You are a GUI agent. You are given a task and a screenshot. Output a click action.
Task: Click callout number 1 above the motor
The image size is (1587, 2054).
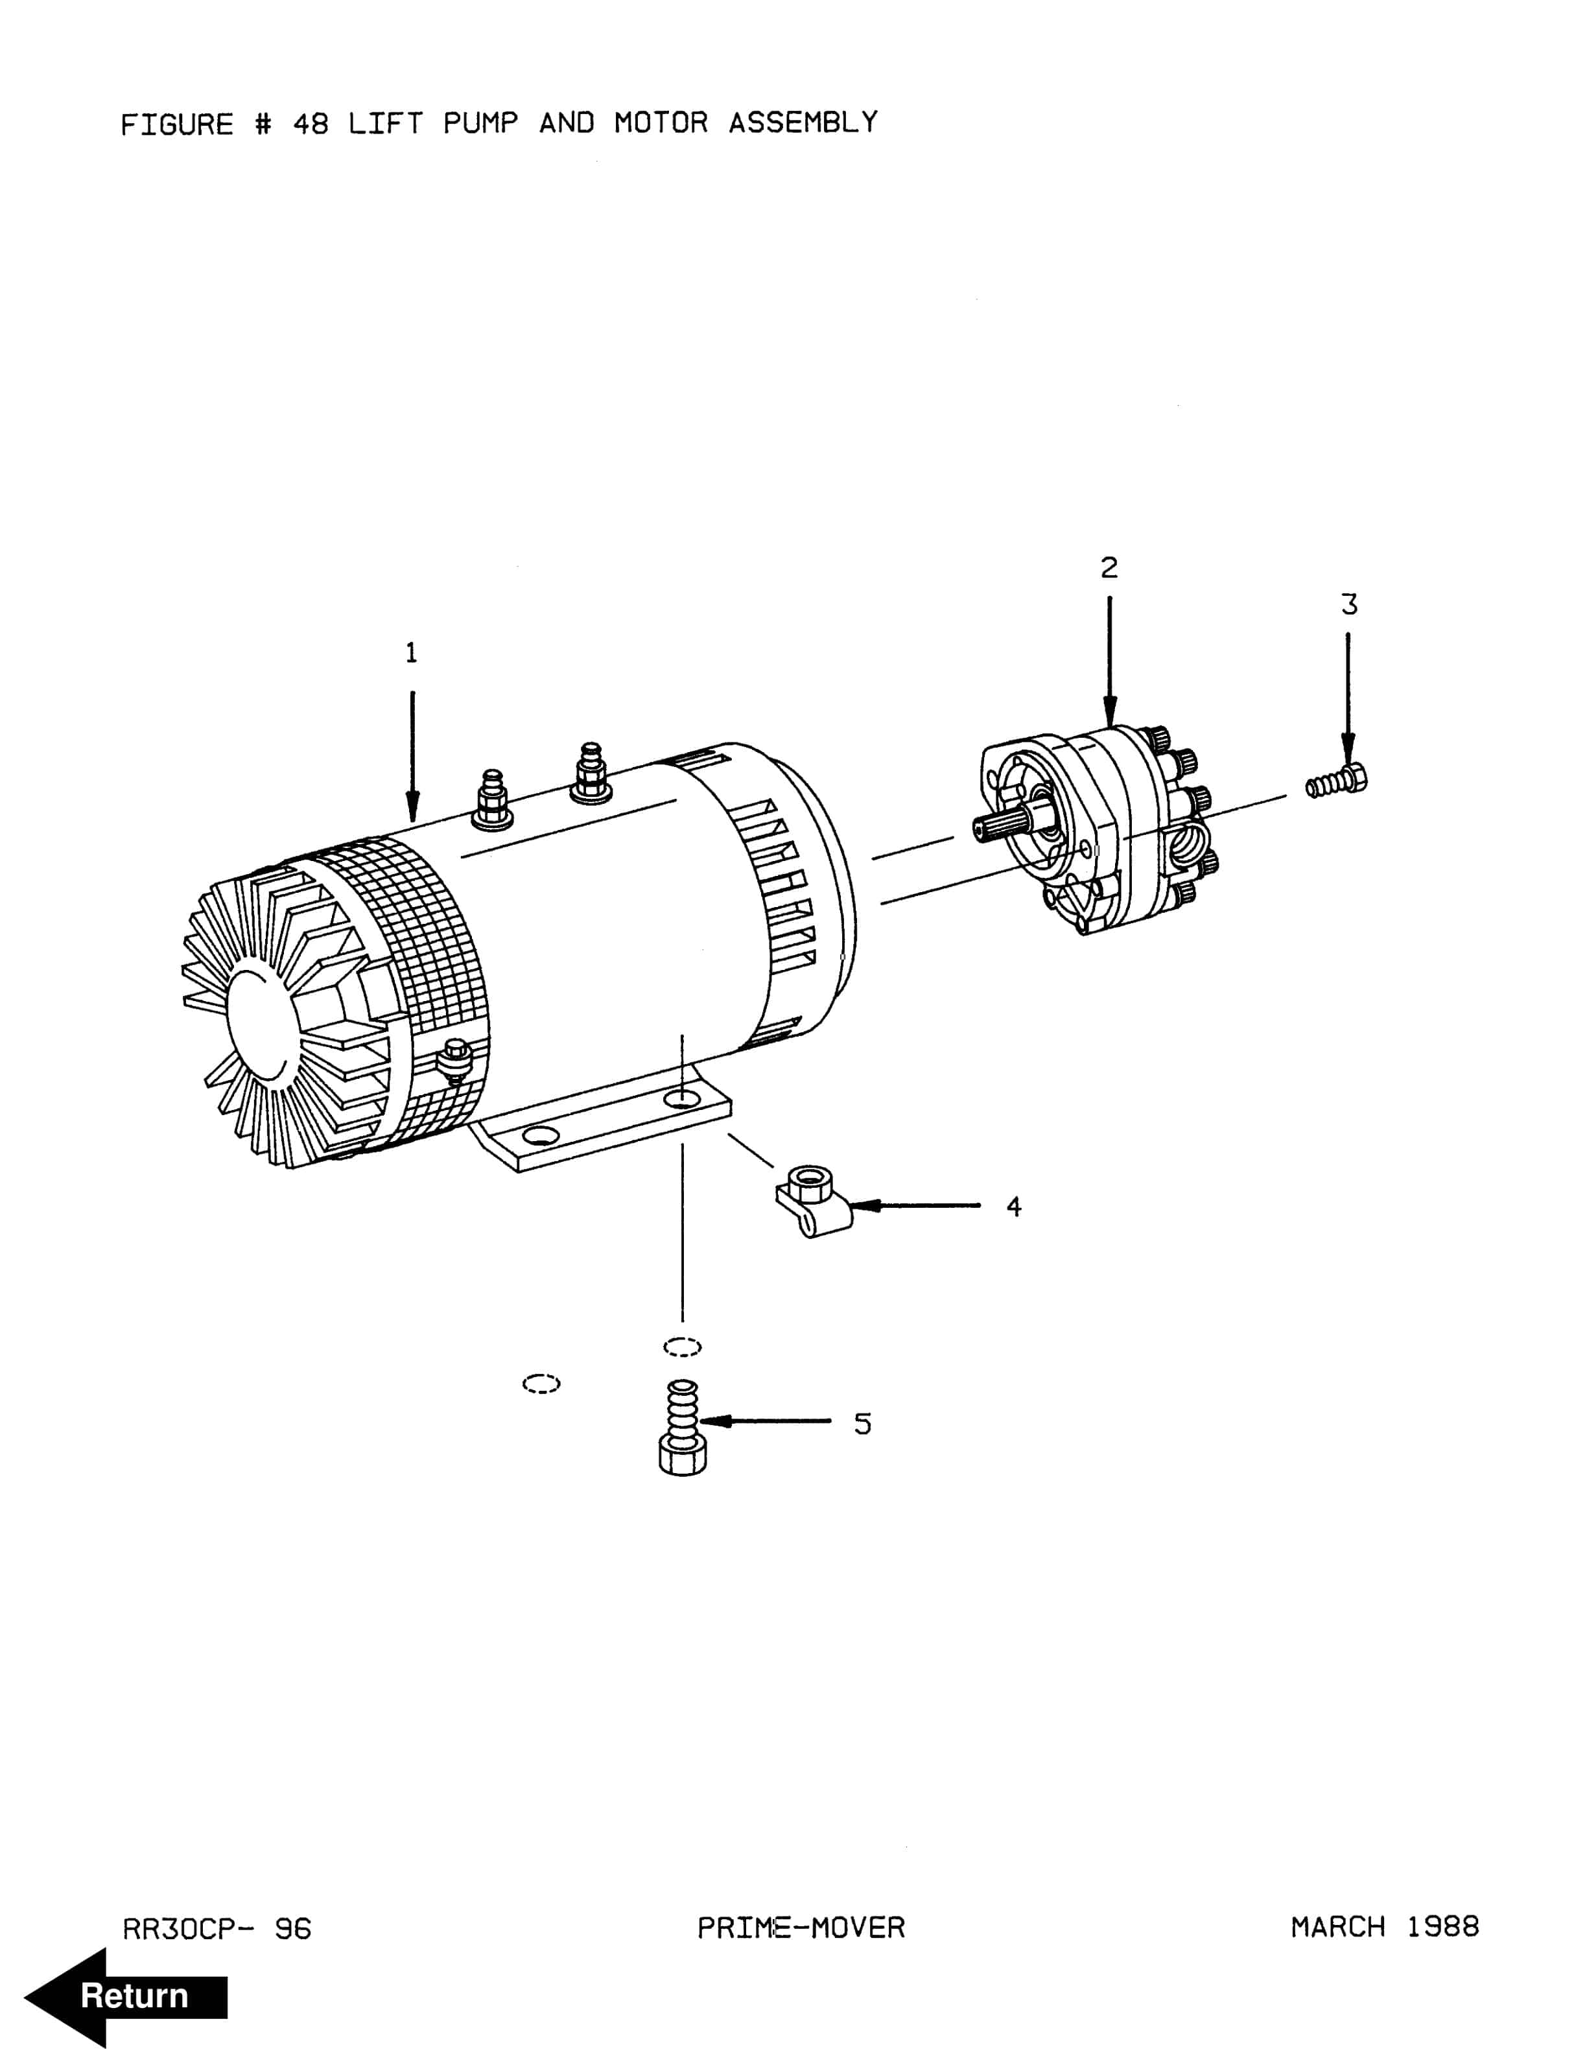[x=411, y=653]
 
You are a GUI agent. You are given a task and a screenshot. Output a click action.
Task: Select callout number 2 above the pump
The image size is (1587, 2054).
[x=1109, y=568]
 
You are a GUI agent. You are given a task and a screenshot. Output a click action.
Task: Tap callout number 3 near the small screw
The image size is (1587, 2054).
[x=1349, y=605]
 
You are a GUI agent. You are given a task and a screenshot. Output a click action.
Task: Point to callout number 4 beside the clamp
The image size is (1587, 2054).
[x=1013, y=1207]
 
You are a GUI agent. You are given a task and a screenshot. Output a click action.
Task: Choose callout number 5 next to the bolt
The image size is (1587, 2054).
[x=862, y=1424]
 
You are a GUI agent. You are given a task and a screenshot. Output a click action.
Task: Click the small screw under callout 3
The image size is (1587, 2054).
[x=1337, y=781]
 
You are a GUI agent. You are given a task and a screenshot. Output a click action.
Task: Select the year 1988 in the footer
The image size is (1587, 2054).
[x=1442, y=1927]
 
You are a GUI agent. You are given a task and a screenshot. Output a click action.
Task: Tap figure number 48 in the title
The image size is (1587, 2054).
[x=311, y=124]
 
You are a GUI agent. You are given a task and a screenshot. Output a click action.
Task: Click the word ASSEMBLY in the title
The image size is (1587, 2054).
[x=803, y=123]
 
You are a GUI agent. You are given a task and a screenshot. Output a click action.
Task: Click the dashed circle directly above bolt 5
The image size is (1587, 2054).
[x=683, y=1348]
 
